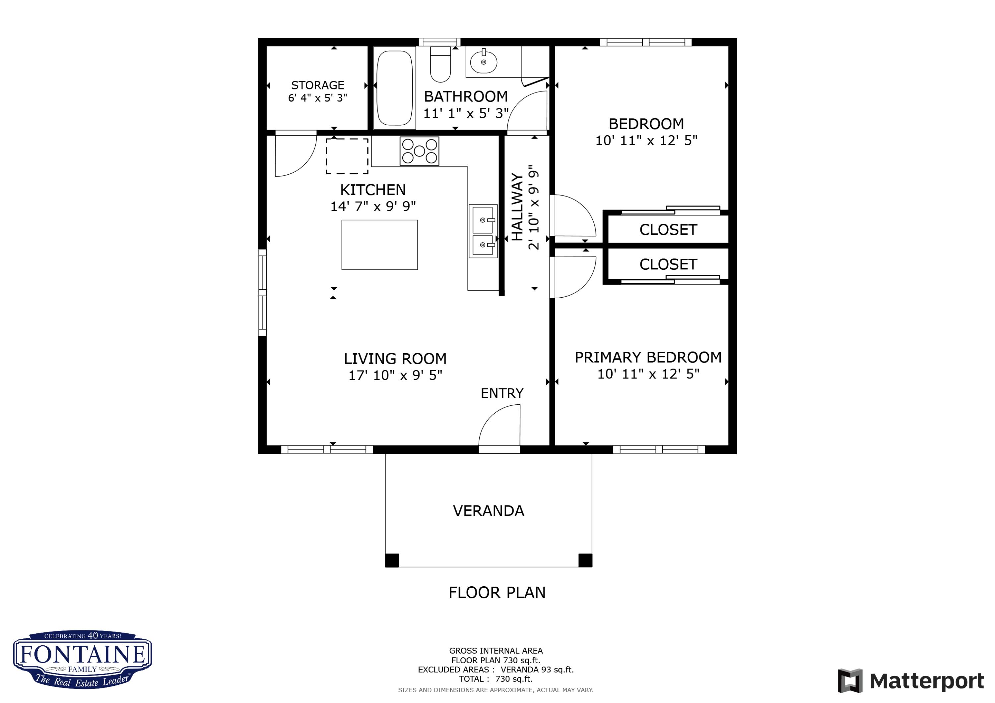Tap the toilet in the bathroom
click(x=440, y=65)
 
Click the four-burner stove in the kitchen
click(x=419, y=151)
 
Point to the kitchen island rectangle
click(x=379, y=245)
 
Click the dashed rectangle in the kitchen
click(x=347, y=156)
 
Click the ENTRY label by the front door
click(x=502, y=393)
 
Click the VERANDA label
click(x=489, y=511)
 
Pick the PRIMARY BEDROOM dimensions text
click(x=648, y=374)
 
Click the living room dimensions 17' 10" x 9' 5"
click(x=395, y=376)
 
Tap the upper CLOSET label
click(x=668, y=230)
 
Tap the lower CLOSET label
click(x=668, y=264)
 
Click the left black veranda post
click(x=392, y=560)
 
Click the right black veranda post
click(x=585, y=560)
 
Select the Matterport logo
click(x=910, y=681)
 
